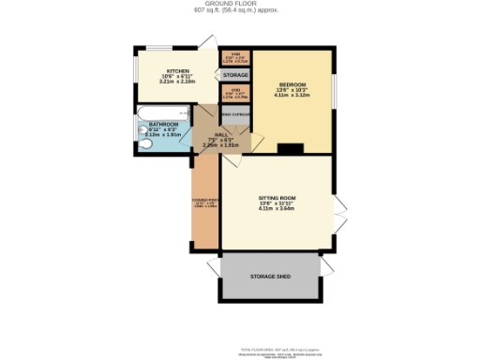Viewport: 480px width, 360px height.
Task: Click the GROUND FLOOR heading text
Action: coord(239,4)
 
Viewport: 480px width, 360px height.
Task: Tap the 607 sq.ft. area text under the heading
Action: coord(239,11)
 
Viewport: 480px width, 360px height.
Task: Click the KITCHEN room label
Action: coord(180,71)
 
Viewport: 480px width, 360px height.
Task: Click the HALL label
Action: coord(222,134)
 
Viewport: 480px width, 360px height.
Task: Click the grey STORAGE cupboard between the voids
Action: coord(235,74)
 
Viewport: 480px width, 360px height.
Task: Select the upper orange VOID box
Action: coord(235,57)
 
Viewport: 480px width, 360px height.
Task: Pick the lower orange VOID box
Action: coord(235,93)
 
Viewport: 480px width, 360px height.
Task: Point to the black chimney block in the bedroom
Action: coord(292,147)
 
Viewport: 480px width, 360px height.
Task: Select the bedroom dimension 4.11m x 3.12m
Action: coord(291,95)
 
